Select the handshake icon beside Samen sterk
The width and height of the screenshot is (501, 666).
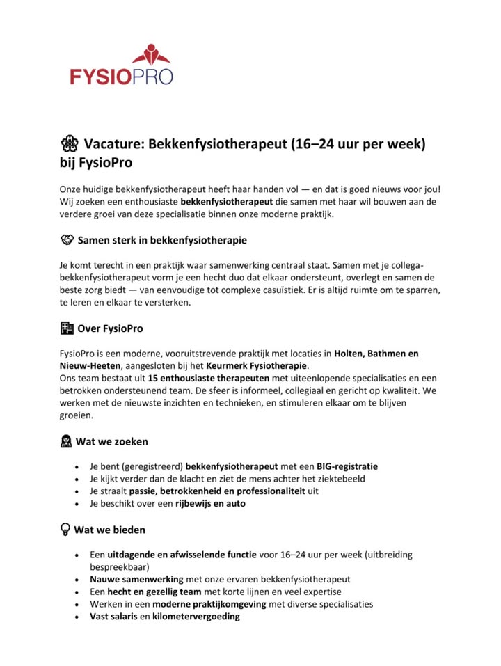[x=66, y=240]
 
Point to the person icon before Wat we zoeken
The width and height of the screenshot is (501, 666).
[x=66, y=441]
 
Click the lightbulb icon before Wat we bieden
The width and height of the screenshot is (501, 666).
[x=65, y=529]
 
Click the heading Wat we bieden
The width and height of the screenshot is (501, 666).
[x=110, y=530]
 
